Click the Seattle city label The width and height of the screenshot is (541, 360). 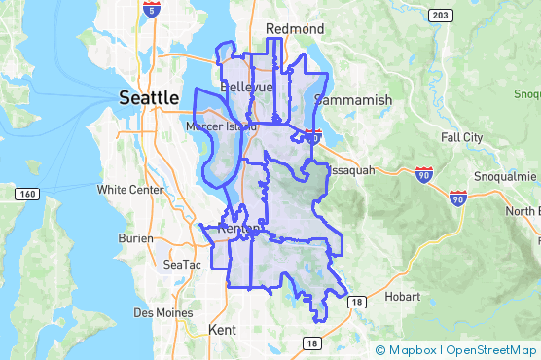pyautogui.click(x=148, y=97)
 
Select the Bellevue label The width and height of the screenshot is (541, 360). pyautogui.click(x=247, y=87)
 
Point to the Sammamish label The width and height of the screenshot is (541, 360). pyautogui.click(x=353, y=100)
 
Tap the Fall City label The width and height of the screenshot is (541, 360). pyautogui.click(x=460, y=137)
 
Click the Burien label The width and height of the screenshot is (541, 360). pyautogui.click(x=135, y=236)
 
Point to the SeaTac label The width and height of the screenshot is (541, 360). pyautogui.click(x=182, y=264)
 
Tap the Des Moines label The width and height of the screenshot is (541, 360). pyautogui.click(x=156, y=312)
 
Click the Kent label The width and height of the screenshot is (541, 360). pyautogui.click(x=223, y=330)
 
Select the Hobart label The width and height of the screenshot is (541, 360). pyautogui.click(x=401, y=295)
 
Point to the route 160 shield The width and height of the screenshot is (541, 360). pyautogui.click(x=25, y=195)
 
